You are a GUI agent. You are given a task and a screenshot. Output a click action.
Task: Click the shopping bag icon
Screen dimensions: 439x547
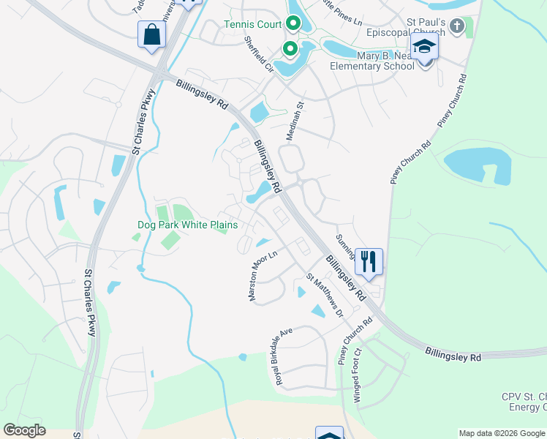tap(151, 35)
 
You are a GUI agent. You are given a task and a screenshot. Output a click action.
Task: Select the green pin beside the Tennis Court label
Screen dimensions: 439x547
tap(293, 23)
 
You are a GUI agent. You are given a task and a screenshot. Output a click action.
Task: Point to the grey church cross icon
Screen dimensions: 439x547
tap(457, 27)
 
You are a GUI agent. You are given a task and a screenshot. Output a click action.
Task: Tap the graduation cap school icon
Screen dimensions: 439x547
tap(424, 48)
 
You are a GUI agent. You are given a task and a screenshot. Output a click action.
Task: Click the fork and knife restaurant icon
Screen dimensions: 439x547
tap(368, 260)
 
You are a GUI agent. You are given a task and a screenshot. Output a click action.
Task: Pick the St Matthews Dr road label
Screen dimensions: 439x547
tap(325, 295)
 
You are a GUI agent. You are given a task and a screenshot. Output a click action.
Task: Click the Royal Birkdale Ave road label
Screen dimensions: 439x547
tap(284, 356)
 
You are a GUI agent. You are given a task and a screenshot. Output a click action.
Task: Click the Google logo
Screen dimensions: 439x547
tap(25, 430)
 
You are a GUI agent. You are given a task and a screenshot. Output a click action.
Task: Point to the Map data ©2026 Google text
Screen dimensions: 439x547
tap(502, 433)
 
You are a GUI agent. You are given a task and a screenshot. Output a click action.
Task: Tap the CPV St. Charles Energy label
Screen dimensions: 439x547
tap(524, 401)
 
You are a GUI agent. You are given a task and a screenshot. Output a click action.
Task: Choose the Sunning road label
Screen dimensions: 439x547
tap(345, 247)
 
